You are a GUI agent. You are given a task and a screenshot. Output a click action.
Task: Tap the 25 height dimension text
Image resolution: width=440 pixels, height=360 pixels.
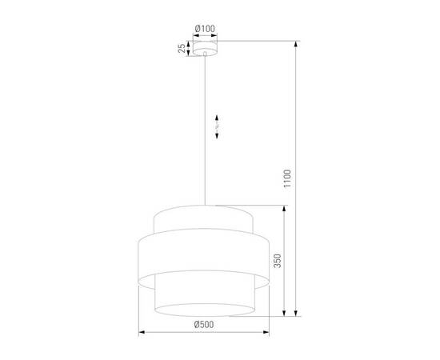point(182,50)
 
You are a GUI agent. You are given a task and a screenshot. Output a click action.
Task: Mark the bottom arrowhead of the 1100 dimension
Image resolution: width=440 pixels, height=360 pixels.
point(297,314)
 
